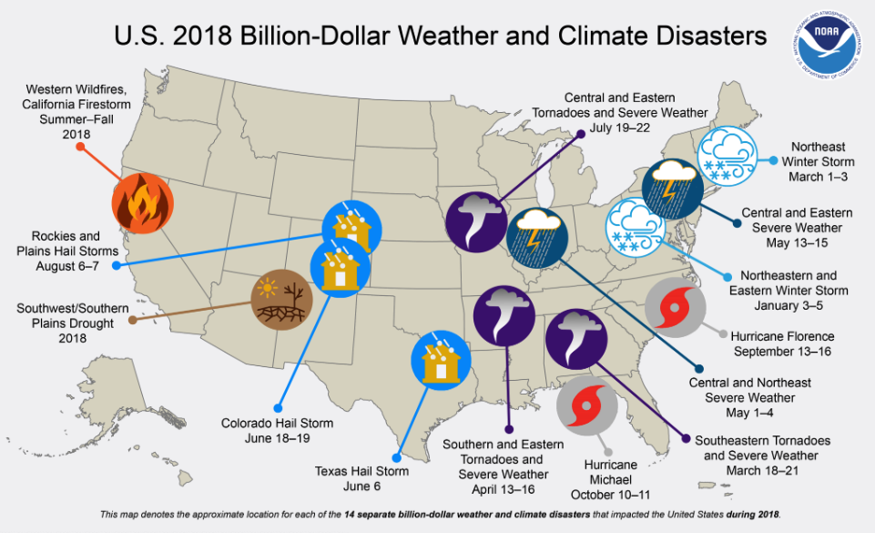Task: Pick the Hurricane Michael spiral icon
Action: [x=587, y=405]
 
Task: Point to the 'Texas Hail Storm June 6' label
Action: [x=361, y=479]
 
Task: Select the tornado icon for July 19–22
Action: [x=473, y=221]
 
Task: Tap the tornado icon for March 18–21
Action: [x=575, y=338]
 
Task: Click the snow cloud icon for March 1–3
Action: [x=726, y=157]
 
